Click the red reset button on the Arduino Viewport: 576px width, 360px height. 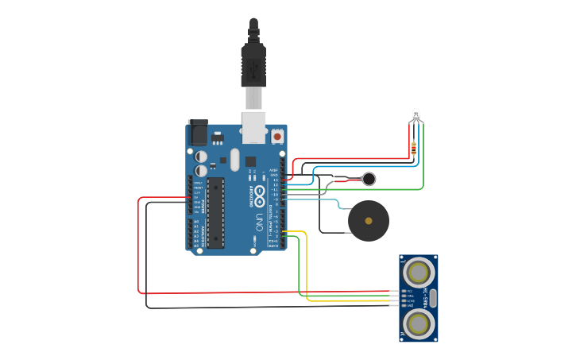[x=276, y=137]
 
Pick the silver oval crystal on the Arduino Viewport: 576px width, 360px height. [x=234, y=159]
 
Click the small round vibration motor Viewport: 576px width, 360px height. [x=369, y=179]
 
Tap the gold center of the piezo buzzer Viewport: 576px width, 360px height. [x=369, y=221]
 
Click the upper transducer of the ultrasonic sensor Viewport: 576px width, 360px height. [x=418, y=273]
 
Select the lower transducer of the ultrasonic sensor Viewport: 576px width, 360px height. [x=418, y=323]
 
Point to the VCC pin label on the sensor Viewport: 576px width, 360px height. [x=410, y=291]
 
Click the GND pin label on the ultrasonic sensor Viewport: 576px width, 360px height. [x=410, y=305]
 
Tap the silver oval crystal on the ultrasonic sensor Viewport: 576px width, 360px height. [x=434, y=298]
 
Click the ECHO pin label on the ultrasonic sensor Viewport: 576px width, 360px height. [x=410, y=300]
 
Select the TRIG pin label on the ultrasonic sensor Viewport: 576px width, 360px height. [x=410, y=296]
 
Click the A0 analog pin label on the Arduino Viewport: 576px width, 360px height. [x=196, y=222]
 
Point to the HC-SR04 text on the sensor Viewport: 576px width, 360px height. [x=426, y=298]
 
